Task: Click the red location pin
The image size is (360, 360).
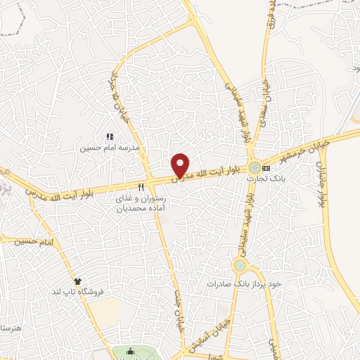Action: point(181,165)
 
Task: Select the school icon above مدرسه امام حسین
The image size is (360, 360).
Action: point(109,137)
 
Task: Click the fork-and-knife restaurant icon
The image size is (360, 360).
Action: point(141,187)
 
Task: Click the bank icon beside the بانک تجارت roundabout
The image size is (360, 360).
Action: point(266,168)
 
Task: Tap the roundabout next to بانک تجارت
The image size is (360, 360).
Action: point(253,167)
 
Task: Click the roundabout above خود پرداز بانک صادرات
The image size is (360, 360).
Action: point(240,265)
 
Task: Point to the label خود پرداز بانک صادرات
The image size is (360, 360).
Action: point(243,283)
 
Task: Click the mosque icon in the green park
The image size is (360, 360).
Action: point(130,352)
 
